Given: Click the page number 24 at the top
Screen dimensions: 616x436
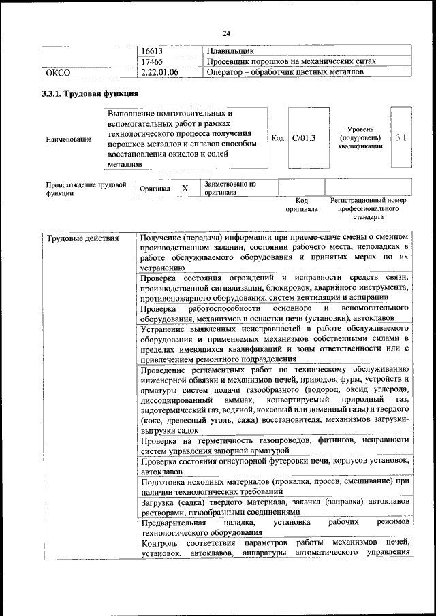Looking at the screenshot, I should (x=227, y=32).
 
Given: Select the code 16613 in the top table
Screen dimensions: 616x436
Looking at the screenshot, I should (x=153, y=50).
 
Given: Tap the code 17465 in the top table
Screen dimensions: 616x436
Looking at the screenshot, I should (x=153, y=61).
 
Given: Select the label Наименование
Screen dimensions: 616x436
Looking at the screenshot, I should (x=69, y=139).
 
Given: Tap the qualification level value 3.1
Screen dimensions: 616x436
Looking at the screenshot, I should (x=401, y=137).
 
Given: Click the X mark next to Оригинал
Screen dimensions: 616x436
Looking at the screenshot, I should (x=185, y=188).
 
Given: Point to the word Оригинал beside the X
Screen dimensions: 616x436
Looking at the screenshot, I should (x=154, y=188).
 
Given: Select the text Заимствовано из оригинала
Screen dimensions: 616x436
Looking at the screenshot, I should (x=229, y=188).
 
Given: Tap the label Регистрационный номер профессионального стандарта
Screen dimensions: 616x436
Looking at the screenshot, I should (x=368, y=208).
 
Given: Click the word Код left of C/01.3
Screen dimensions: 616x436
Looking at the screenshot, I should (x=277, y=138).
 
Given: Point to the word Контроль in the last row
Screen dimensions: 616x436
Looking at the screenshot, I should (x=159, y=542).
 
